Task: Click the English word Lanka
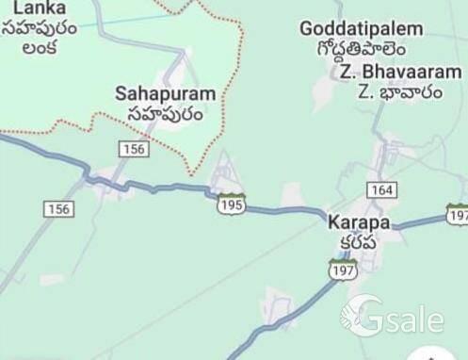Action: coord(26,8)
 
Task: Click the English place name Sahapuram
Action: coord(165,94)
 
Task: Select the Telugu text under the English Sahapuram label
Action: coord(165,114)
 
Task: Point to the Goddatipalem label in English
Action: coord(362,29)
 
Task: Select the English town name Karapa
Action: coord(359,223)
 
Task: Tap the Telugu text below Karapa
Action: coord(358,241)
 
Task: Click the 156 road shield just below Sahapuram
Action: coord(135,149)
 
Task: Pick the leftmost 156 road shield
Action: coord(58,208)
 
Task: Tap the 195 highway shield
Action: coord(231,204)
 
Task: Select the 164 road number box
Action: coord(381,189)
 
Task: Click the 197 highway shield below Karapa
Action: coord(343,270)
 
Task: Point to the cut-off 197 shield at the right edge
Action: coord(458,214)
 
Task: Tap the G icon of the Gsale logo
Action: coord(363,316)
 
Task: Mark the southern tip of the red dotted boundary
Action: coord(192,173)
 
